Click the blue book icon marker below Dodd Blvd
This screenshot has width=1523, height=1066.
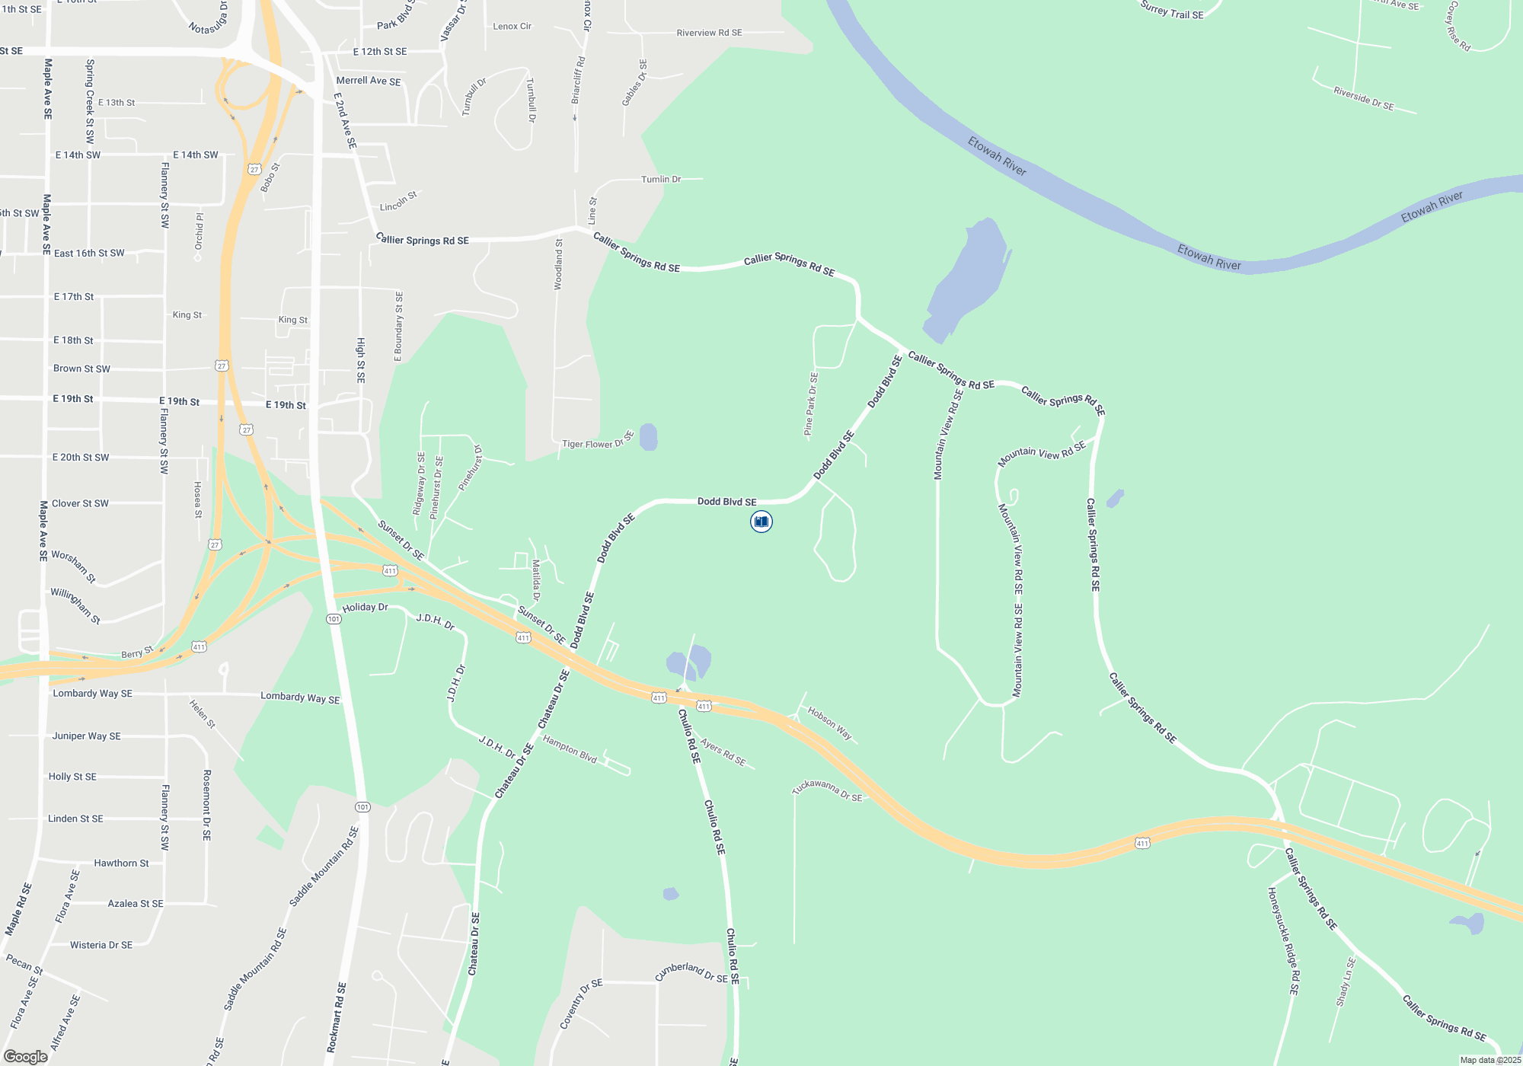point(761,522)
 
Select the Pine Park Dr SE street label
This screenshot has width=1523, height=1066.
point(811,404)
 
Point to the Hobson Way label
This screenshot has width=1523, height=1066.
point(829,723)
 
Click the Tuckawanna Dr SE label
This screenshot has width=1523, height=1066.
point(827,790)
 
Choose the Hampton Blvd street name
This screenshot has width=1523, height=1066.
point(570,750)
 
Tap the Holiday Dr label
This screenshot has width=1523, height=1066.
point(365,608)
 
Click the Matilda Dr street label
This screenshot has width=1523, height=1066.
point(536,580)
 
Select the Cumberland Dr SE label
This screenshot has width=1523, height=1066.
point(691,972)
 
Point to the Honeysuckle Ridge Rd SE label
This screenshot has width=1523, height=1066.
point(1283,940)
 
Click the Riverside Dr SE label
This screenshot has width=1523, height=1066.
point(1363,99)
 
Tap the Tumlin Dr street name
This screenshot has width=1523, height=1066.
point(661,179)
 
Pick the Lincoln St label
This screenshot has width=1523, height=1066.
point(398,202)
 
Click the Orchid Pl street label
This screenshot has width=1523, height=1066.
point(200,231)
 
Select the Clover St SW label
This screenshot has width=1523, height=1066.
point(80,503)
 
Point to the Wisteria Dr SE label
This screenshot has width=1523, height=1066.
point(101,945)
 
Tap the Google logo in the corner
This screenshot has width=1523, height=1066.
point(26,1056)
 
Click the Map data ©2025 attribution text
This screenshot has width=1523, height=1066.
point(1489,1060)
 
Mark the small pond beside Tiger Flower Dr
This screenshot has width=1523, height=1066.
point(648,437)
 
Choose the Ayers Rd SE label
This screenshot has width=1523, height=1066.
point(723,752)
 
